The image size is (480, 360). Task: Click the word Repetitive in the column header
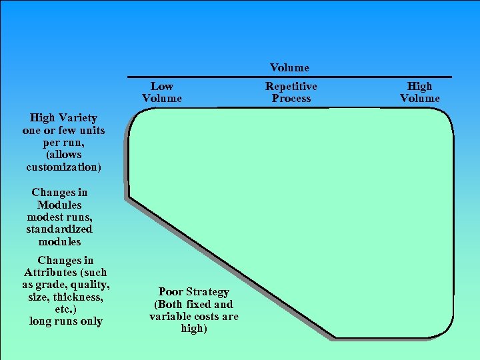click(x=291, y=86)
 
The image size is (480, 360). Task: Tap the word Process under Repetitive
click(x=291, y=99)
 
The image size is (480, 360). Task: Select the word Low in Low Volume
click(x=161, y=86)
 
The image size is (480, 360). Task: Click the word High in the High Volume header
click(x=419, y=86)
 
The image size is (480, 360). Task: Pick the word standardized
click(x=59, y=229)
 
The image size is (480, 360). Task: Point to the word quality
click(x=90, y=285)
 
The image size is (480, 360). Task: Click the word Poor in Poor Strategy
click(x=171, y=292)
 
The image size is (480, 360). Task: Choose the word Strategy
click(x=207, y=292)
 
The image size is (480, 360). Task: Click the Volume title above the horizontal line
click(x=289, y=67)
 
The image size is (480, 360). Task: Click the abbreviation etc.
click(x=64, y=309)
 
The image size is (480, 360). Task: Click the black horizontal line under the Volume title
click(x=289, y=77)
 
